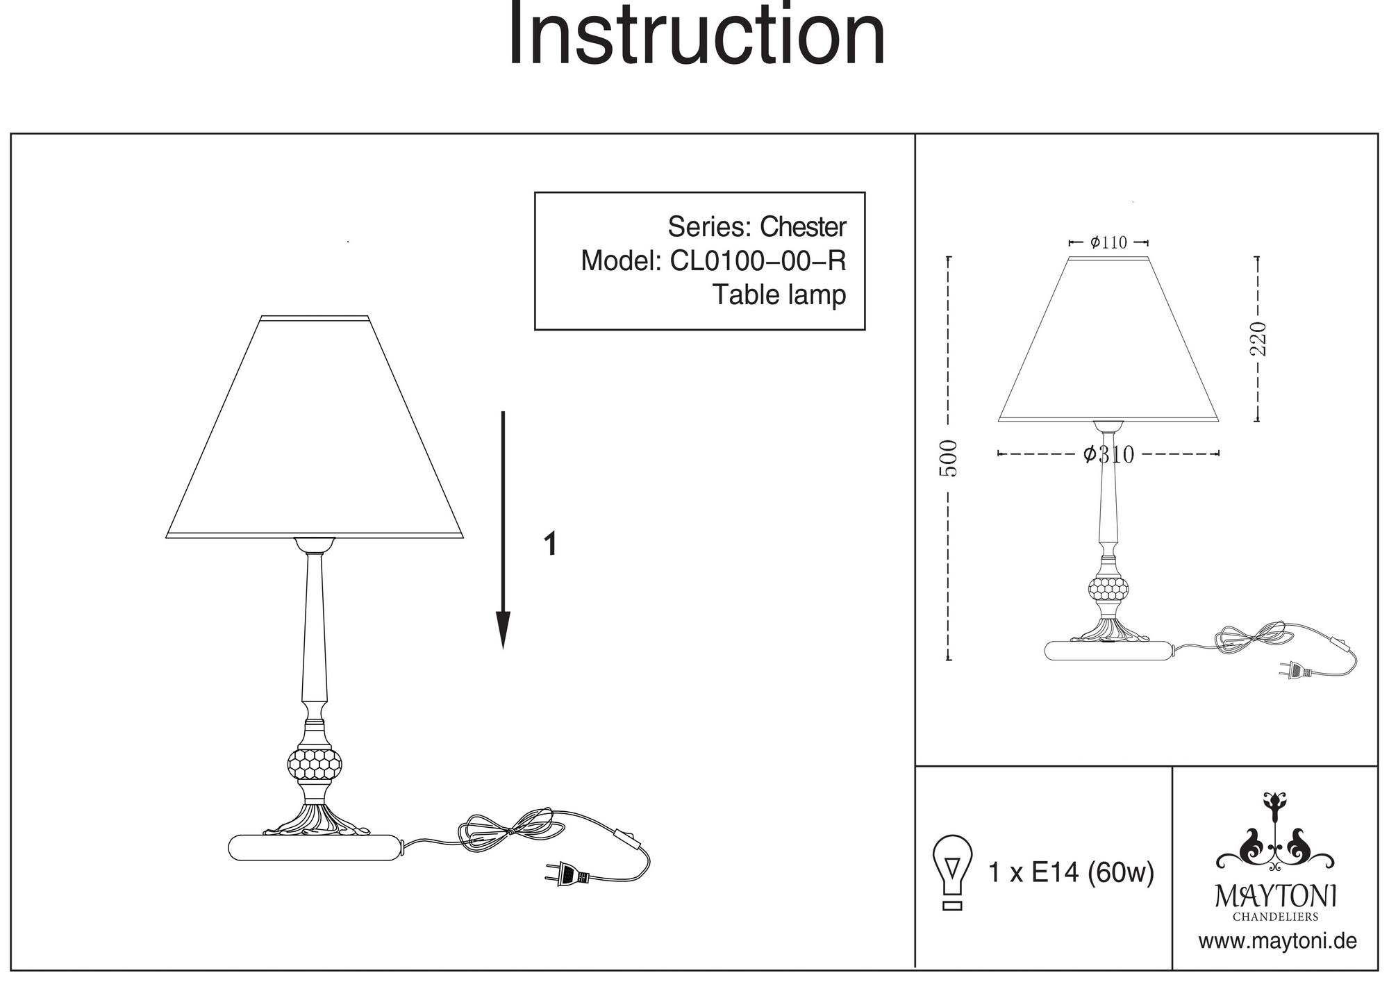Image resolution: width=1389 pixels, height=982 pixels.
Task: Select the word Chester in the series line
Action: [803, 227]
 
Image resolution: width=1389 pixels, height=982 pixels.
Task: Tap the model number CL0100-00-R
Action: [758, 261]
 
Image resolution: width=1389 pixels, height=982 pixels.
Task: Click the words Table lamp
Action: [779, 294]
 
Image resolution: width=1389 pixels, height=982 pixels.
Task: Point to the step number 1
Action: [551, 544]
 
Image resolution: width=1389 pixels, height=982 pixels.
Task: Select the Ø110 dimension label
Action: [1108, 242]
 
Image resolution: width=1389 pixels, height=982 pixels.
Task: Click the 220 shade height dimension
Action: [1258, 339]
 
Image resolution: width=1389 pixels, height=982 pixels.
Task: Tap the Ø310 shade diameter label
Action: [1108, 454]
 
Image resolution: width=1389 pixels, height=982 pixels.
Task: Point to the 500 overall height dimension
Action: [949, 458]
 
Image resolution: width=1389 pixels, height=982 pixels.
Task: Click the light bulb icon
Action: [953, 872]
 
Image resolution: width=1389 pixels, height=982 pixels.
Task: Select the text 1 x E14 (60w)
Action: [1071, 872]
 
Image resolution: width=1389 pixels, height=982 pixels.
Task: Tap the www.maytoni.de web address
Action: [1277, 942]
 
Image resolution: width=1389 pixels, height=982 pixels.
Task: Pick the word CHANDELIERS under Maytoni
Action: [1275, 917]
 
